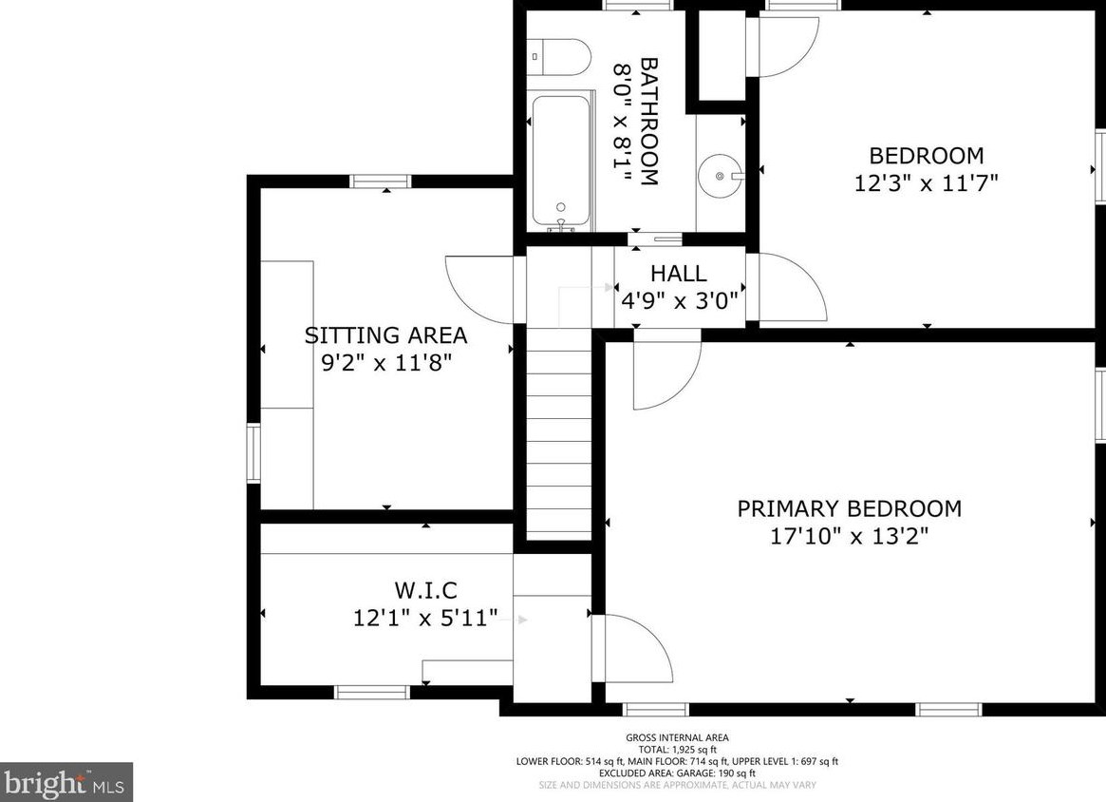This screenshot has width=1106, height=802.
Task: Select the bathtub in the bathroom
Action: pyautogui.click(x=561, y=163)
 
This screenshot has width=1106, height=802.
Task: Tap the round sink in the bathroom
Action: pyautogui.click(x=720, y=175)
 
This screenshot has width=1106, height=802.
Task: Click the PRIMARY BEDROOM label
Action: pyautogui.click(x=850, y=508)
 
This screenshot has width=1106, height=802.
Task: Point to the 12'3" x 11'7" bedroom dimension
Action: pyautogui.click(x=927, y=183)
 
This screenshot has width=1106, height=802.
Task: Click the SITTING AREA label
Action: pyautogui.click(x=385, y=334)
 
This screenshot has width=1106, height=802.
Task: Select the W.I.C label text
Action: pyautogui.click(x=425, y=589)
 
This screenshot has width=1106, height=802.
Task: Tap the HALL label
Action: pyautogui.click(x=678, y=274)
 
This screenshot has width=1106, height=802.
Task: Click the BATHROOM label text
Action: pyautogui.click(x=649, y=122)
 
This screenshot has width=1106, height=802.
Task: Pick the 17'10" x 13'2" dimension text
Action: pyautogui.click(x=849, y=537)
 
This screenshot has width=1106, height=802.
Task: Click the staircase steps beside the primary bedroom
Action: pyautogui.click(x=559, y=433)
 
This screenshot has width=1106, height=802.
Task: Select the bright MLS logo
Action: pyautogui.click(x=66, y=781)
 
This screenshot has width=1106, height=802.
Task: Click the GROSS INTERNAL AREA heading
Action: pyautogui.click(x=677, y=737)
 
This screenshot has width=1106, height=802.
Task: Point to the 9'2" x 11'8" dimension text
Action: pyautogui.click(x=385, y=364)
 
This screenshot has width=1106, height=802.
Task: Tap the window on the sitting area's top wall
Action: pyautogui.click(x=382, y=181)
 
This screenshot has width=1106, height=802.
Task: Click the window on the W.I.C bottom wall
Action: pyautogui.click(x=372, y=692)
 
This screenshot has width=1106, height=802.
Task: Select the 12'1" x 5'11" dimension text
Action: pyautogui.click(x=425, y=619)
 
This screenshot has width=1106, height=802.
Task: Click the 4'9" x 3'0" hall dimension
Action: pyautogui.click(x=679, y=301)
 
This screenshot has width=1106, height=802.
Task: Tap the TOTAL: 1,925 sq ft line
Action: pyautogui.click(x=677, y=750)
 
